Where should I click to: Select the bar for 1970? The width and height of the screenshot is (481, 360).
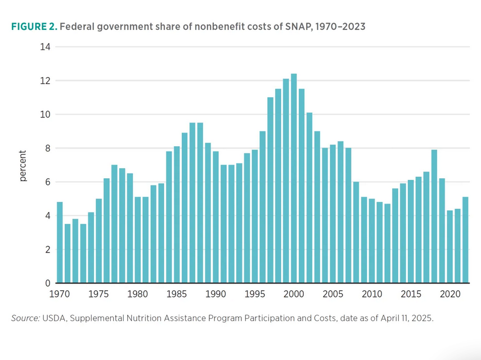[x=60, y=242]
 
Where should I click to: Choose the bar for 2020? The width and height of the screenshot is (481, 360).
[x=450, y=247]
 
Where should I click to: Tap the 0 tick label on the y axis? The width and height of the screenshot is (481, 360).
[x=48, y=283]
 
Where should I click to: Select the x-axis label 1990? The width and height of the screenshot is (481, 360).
[x=216, y=294]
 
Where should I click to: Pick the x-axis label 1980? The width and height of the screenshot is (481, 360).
[x=138, y=294]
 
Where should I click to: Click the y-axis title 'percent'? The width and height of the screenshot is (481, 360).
[x=23, y=165]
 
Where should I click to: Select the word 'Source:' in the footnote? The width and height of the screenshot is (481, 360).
[x=25, y=318]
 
